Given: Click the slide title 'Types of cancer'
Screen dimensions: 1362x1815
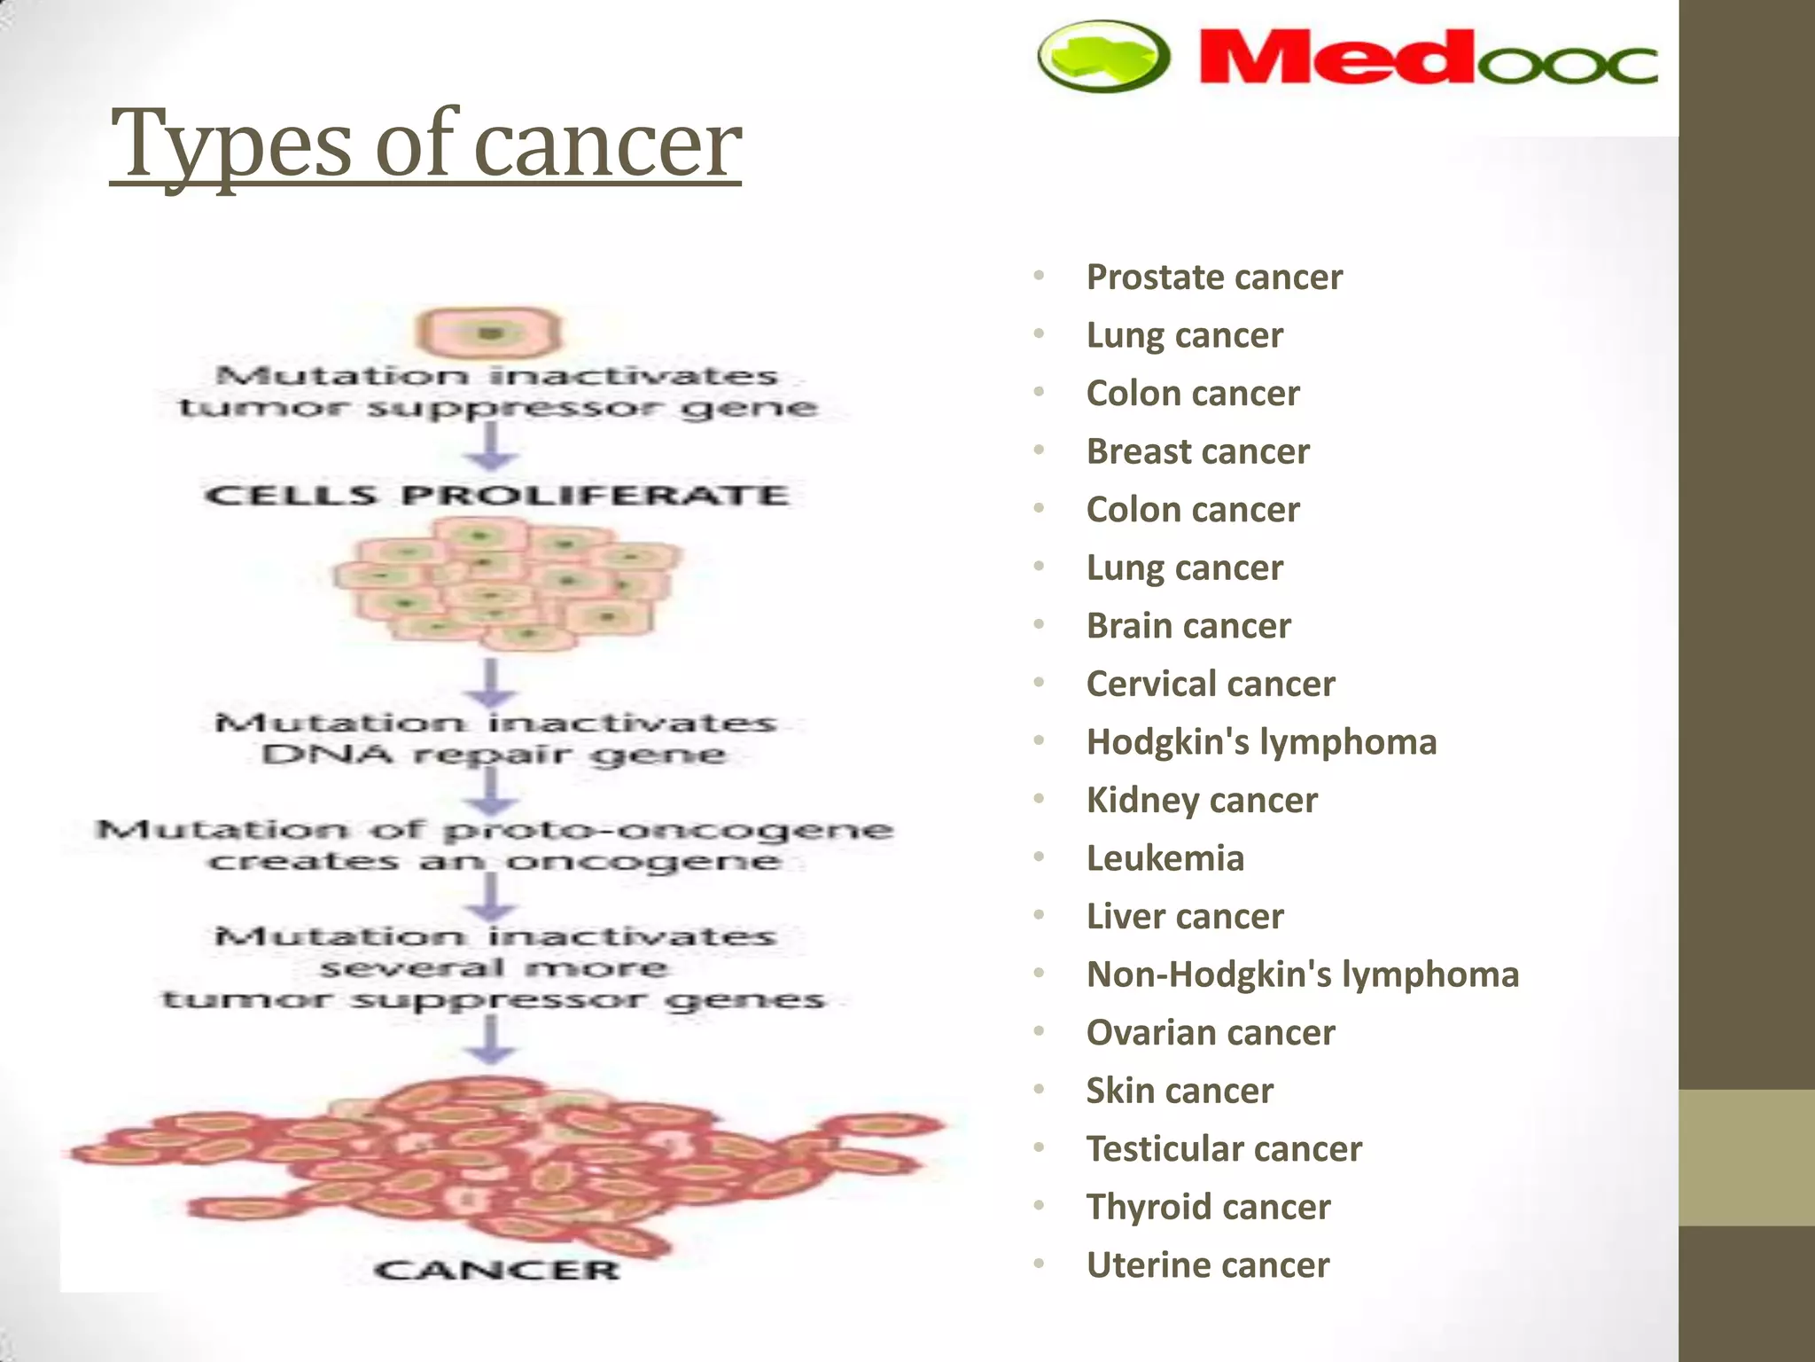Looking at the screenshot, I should tap(425, 144).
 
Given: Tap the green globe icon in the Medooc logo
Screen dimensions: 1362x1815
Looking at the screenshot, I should tap(1103, 55).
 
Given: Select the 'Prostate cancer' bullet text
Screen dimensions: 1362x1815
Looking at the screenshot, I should tap(1214, 278).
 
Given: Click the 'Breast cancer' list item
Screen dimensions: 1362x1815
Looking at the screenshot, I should tap(1197, 452).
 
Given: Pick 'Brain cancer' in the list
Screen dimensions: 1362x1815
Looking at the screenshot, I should tap(1188, 626).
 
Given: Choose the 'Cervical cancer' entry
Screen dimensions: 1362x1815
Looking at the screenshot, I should tap(1211, 685).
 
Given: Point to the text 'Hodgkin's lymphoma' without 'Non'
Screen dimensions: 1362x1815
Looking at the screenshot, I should tap(1261, 742).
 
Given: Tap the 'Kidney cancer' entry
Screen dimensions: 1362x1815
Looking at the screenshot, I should tap(1202, 801).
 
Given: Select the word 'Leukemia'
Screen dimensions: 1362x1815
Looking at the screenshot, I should tap(1165, 858).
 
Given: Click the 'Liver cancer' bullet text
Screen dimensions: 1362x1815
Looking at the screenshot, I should tap(1185, 917).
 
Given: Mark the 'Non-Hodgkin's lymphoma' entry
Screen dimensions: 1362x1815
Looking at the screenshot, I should tap(1303, 975).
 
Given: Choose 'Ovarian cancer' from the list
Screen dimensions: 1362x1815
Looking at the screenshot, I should tap(1211, 1033).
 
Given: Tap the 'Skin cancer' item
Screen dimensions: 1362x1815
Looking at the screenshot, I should tap(1180, 1091).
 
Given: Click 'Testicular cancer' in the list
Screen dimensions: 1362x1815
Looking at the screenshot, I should tap(1224, 1149).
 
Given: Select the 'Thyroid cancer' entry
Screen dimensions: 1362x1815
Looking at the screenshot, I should tap(1208, 1207).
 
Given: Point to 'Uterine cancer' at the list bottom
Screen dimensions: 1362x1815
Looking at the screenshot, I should tap(1208, 1265).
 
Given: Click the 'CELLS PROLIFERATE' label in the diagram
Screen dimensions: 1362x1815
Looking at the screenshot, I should tap(496, 495).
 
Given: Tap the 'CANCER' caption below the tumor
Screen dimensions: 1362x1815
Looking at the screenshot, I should tap(496, 1270).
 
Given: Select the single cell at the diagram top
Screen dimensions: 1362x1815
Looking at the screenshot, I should tap(489, 333).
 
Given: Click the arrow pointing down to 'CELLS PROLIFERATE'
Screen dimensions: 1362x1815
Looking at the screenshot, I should tap(492, 447).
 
